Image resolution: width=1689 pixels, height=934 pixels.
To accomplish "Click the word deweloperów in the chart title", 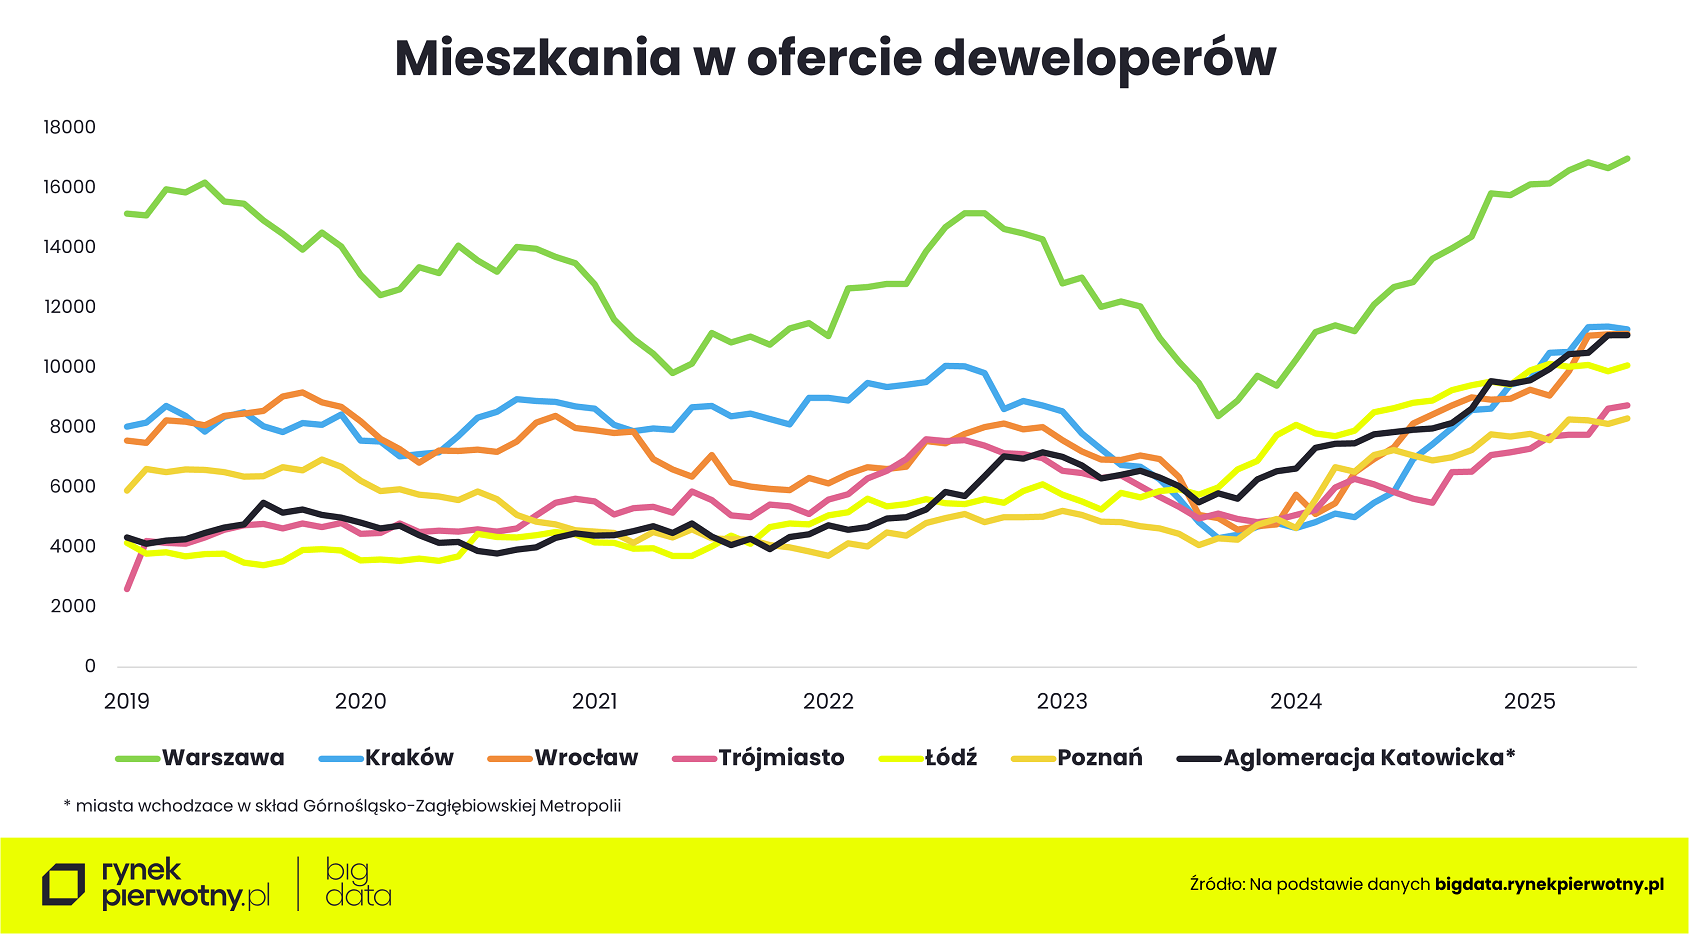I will [x=1104, y=58].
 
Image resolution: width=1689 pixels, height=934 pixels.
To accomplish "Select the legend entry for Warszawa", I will [x=222, y=758].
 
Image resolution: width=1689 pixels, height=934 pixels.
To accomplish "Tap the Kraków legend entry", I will [x=408, y=758].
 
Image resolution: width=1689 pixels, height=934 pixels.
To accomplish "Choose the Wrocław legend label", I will [x=585, y=758].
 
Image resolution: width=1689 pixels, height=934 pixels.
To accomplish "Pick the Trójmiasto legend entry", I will [x=780, y=758].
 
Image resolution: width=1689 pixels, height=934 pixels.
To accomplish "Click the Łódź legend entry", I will [x=950, y=758].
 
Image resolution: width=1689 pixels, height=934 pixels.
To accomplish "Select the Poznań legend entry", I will [x=1099, y=758].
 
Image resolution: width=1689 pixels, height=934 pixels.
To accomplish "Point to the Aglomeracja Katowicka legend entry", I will [x=1368, y=758].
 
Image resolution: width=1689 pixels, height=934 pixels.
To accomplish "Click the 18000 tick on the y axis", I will [x=69, y=127].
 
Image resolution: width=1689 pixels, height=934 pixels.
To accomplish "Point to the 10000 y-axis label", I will [x=69, y=367].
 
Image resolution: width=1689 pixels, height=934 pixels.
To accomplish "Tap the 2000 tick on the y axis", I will [x=73, y=606].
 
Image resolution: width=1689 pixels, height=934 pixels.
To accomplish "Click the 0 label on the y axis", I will [x=90, y=666].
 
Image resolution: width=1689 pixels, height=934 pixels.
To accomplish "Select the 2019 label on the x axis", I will [x=127, y=701].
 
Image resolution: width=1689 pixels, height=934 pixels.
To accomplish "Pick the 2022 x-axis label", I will [x=828, y=701].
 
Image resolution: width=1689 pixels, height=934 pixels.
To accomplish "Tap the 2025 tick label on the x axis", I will [x=1529, y=701].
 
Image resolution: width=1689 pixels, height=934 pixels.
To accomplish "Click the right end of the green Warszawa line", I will [x=1627, y=158].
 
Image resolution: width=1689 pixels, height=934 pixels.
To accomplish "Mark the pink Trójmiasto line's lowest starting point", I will [x=127, y=589].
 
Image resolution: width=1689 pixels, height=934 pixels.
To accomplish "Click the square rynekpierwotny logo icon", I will [x=64, y=885].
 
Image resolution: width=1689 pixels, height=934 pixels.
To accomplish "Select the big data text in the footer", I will [x=358, y=883].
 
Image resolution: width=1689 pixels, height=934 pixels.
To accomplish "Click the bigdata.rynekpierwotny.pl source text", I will [x=1549, y=884].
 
